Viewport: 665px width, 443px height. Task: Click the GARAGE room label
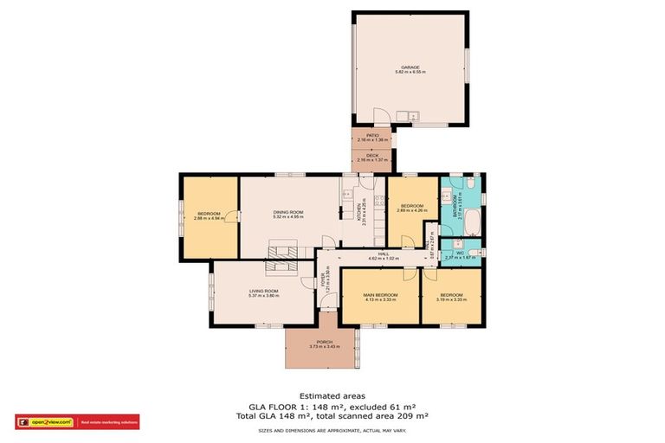tap(410, 67)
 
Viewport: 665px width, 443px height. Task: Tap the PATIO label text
tap(371, 135)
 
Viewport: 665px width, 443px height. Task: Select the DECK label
tap(371, 156)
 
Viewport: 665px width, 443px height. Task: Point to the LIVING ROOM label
tap(264, 291)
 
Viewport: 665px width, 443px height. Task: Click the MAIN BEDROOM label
tap(379, 295)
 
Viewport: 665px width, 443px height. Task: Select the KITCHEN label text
tap(359, 212)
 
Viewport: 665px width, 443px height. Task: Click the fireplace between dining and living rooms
tap(281, 252)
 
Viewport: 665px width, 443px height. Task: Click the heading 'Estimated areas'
tap(332, 394)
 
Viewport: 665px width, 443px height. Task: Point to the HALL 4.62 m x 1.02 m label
tap(381, 256)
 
